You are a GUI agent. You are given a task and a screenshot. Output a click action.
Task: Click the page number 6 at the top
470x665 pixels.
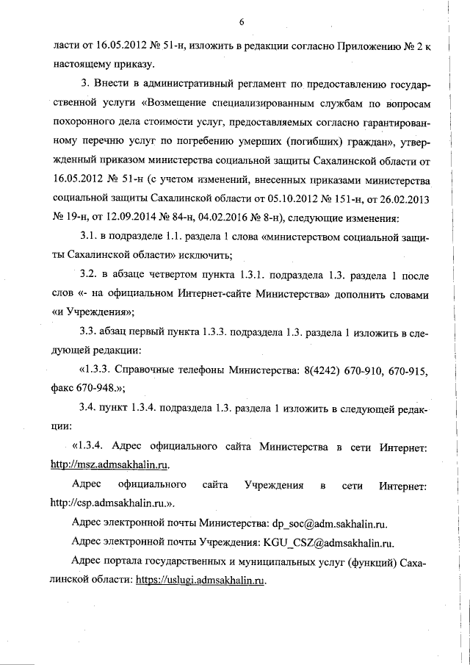point(241,23)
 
